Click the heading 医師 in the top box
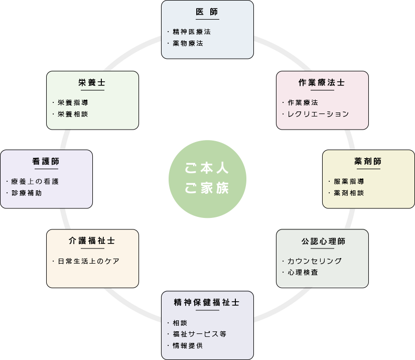207,12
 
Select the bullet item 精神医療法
191,31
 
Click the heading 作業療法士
322,82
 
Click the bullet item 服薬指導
348,181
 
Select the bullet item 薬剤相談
348,193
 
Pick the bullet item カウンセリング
314,261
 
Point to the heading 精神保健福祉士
207,302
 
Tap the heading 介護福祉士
92,241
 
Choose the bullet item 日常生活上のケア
88,261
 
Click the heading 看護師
46,161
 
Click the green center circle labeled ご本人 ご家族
207,179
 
